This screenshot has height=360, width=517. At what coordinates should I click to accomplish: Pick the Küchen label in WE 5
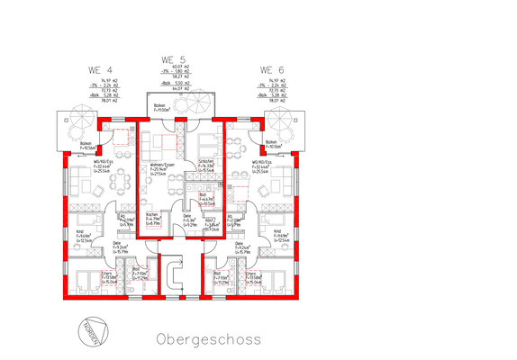point(153,217)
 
